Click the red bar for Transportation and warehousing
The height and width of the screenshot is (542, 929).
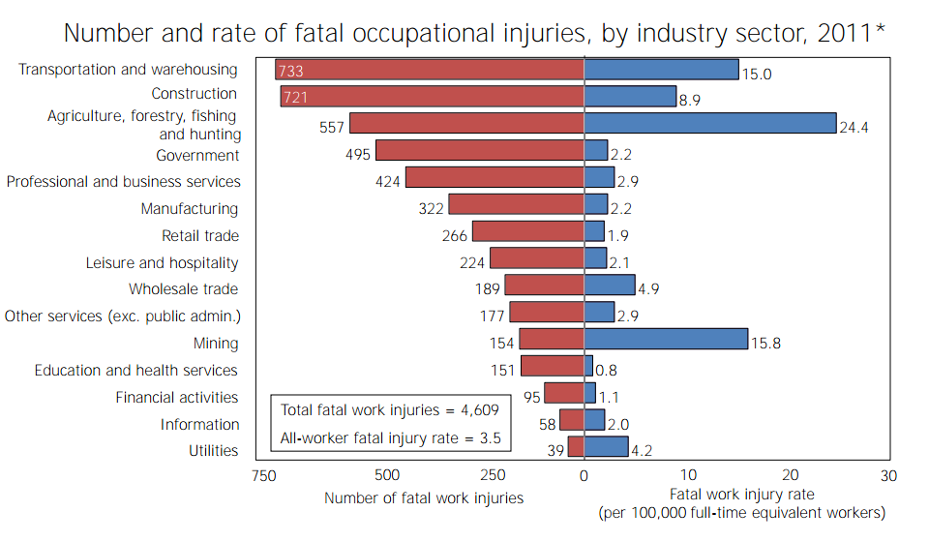pyautogui.click(x=430, y=70)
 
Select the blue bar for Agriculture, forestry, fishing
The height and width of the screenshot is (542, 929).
pyautogui.click(x=710, y=123)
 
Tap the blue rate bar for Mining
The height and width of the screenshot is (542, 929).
pyautogui.click(x=666, y=339)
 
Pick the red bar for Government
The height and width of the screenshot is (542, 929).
pyautogui.click(x=480, y=150)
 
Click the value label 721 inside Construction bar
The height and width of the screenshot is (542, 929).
pyautogui.click(x=294, y=97)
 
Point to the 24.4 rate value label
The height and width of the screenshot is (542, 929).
pyautogui.click(x=854, y=128)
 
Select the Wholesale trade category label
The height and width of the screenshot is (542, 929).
pyautogui.click(x=183, y=289)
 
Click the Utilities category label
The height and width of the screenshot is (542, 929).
pyautogui.click(x=213, y=451)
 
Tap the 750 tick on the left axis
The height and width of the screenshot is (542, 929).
pyautogui.click(x=262, y=475)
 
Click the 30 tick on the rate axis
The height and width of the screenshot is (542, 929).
pyautogui.click(x=888, y=475)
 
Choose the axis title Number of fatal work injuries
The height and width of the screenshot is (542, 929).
pyautogui.click(x=424, y=498)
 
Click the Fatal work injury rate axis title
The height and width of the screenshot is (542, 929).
pyautogui.click(x=741, y=495)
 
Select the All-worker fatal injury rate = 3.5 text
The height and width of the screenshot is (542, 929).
pyautogui.click(x=390, y=438)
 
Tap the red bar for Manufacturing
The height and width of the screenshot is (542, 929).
pyautogui.click(x=516, y=204)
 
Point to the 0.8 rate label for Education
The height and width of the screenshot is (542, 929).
pyautogui.click(x=607, y=370)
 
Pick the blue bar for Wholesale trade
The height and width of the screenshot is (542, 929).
pyautogui.click(x=610, y=285)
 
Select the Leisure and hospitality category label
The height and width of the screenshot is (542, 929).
pyautogui.click(x=162, y=262)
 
